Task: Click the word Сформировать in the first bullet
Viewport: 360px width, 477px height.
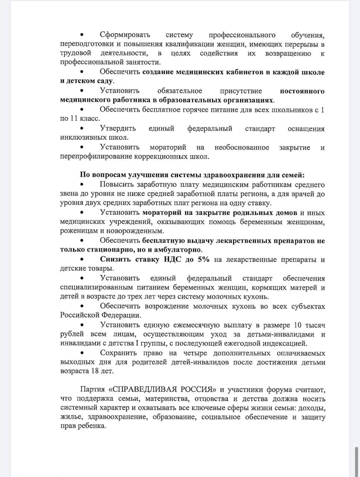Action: [125, 35]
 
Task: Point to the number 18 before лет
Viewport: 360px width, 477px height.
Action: [95, 371]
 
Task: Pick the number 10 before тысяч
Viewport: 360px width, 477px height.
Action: [298, 325]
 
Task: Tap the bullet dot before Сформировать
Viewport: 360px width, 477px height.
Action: [82, 35]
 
